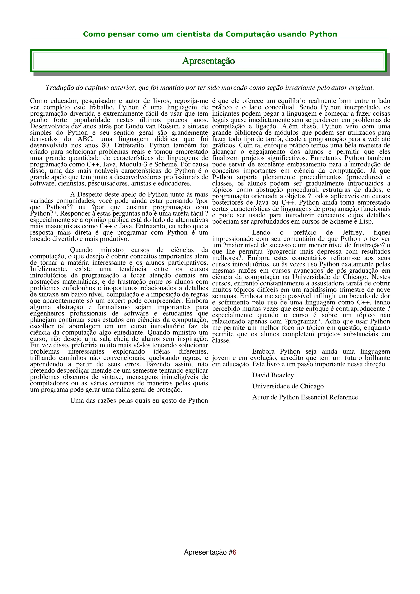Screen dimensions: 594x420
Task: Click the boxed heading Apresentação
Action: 209,61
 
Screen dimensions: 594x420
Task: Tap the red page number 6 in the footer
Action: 234,552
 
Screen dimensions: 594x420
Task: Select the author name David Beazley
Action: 273,375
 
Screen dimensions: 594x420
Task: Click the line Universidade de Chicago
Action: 288,386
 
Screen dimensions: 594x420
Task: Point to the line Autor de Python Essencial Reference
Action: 305,397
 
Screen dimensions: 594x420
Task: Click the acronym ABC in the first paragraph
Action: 85,139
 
